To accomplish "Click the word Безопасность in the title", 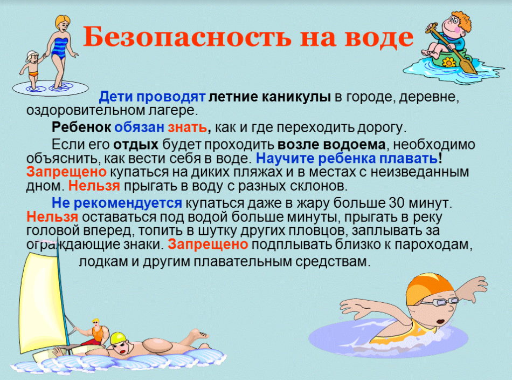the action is (186, 37).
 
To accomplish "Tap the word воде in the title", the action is (379, 37).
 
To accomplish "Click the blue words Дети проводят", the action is (152, 98).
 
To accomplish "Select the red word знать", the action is (187, 127).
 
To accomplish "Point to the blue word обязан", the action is (139, 127).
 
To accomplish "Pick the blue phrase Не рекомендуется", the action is (116, 203).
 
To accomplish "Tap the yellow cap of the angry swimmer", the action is (117, 338).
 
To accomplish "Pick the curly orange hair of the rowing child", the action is (462, 21).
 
